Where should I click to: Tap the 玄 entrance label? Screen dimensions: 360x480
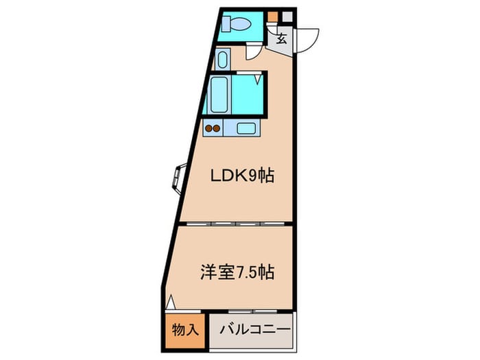click(282, 38)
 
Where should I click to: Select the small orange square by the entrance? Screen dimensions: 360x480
click(273, 16)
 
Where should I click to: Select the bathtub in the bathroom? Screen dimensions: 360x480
click(219, 95)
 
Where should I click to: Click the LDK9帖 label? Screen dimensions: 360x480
click(242, 176)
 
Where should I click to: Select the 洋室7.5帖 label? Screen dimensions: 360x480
click(237, 272)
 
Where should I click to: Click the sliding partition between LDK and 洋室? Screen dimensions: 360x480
click(237, 224)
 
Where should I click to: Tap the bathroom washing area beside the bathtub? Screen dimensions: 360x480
click(246, 95)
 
